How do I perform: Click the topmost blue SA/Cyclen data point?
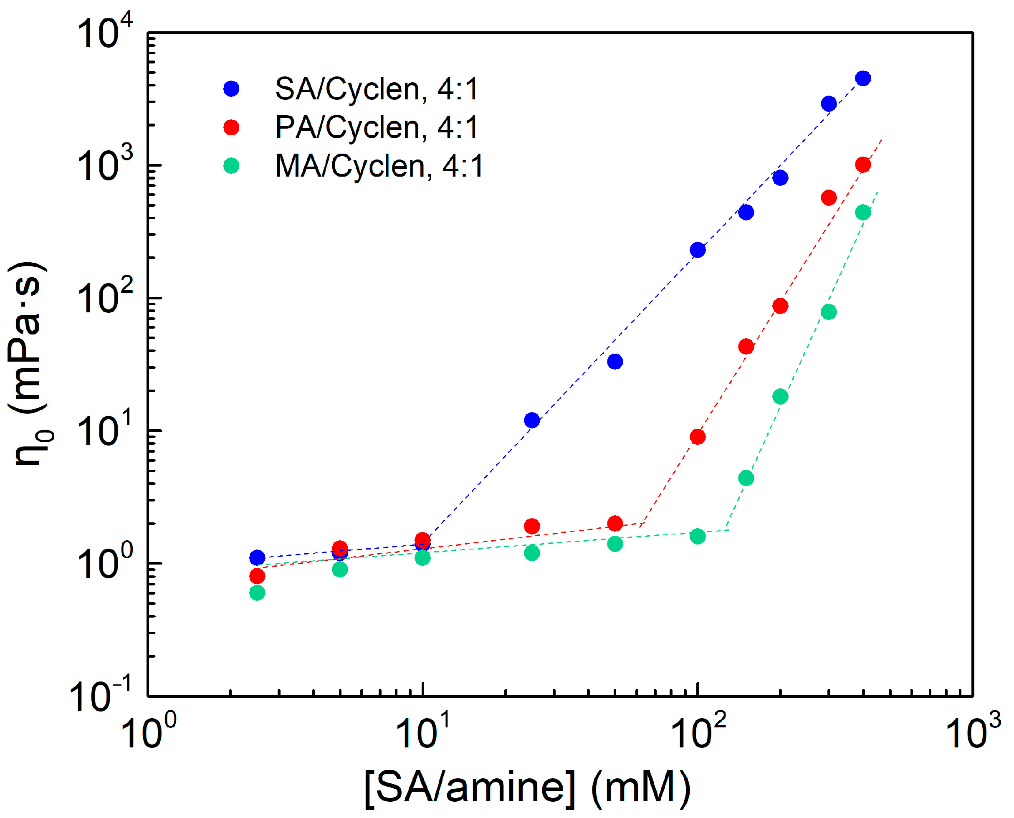pyautogui.click(x=863, y=78)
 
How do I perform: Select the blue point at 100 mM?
pyautogui.click(x=698, y=250)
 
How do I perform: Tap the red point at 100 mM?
pyautogui.click(x=698, y=437)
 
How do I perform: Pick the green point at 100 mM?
pyautogui.click(x=698, y=536)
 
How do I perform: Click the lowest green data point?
pyautogui.click(x=257, y=593)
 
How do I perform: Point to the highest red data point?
pyautogui.click(x=863, y=165)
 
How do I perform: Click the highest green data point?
pyautogui.click(x=863, y=213)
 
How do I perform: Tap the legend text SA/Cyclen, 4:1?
pyautogui.click(x=377, y=89)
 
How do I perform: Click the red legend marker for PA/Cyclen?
pyautogui.click(x=231, y=127)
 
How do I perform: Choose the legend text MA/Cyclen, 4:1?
pyautogui.click(x=379, y=166)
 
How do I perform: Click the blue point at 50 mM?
pyautogui.click(x=614, y=362)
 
